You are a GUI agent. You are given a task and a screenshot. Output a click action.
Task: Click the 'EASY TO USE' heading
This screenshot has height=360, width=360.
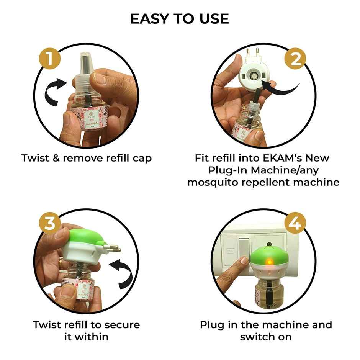click(180, 18)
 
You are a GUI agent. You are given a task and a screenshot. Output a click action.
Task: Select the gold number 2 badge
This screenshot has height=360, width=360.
click(295, 60)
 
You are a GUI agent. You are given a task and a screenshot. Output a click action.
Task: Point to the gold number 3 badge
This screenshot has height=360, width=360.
click(50, 224)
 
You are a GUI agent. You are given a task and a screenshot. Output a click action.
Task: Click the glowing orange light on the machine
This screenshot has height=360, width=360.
click(269, 262)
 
